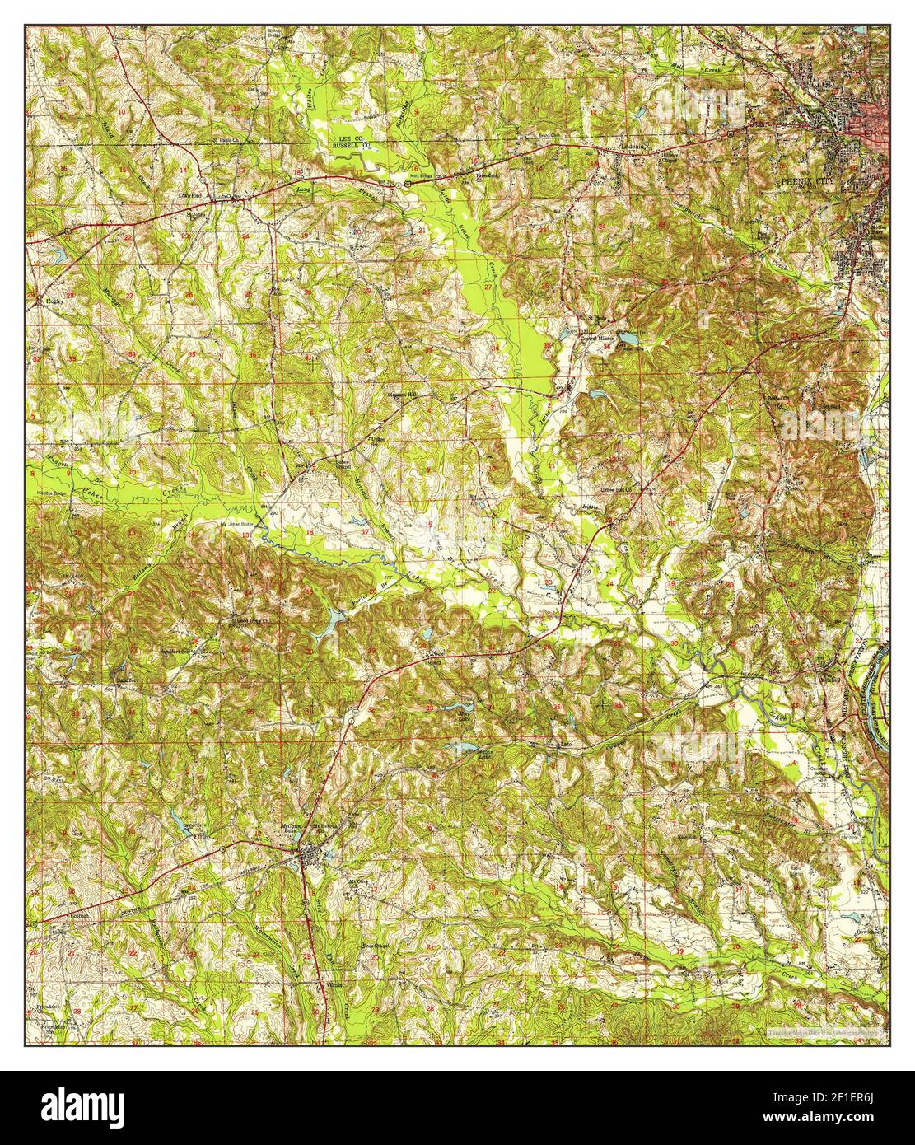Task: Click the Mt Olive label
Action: pos(356,881)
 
